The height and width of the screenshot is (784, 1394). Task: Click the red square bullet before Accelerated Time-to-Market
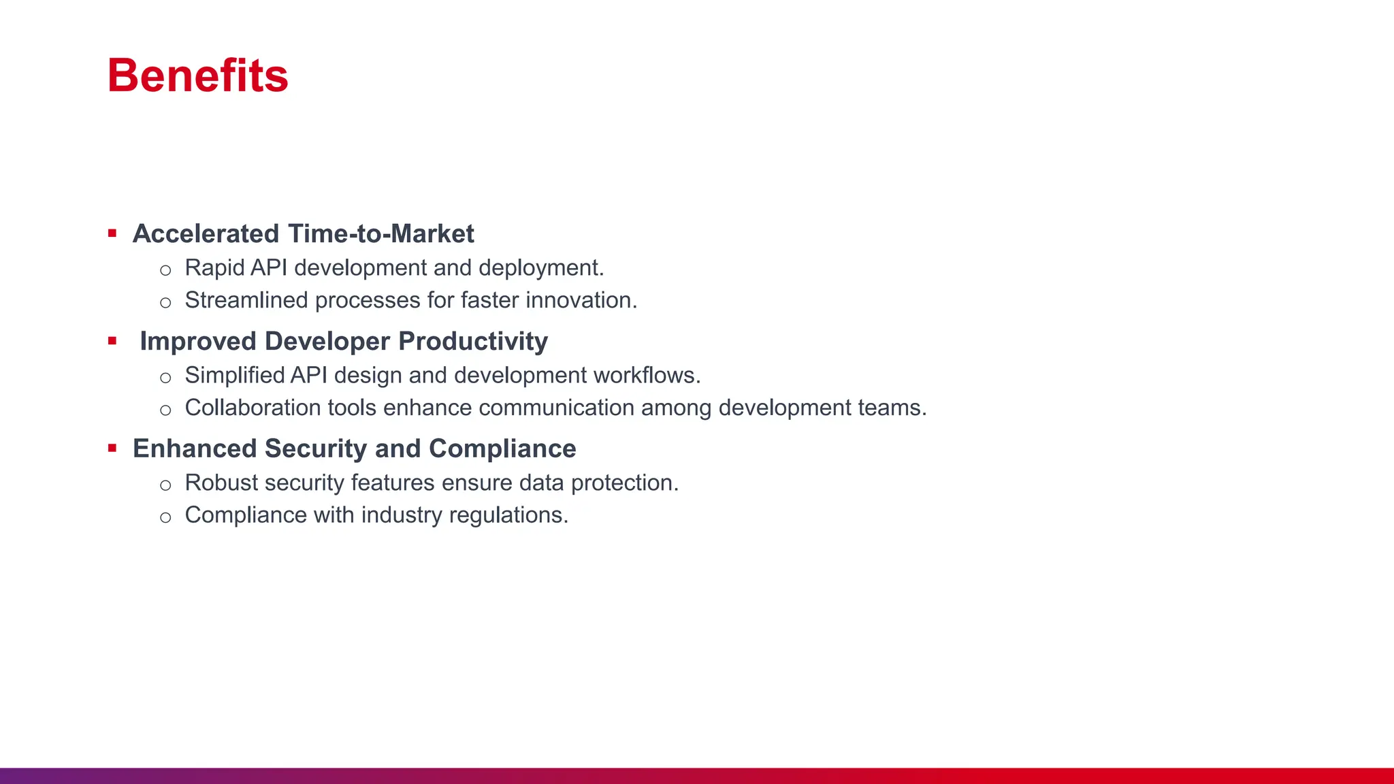[112, 233]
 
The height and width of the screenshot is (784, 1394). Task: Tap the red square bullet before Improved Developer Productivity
[112, 341]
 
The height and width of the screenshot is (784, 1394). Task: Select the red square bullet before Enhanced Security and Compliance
[112, 448]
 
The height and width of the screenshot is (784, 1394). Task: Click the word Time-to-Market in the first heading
[381, 233]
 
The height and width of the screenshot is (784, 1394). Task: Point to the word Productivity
[473, 341]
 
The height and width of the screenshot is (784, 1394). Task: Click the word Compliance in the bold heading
[502, 448]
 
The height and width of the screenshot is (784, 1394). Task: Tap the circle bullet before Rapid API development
[165, 270]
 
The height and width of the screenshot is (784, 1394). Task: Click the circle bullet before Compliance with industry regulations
[165, 517]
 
